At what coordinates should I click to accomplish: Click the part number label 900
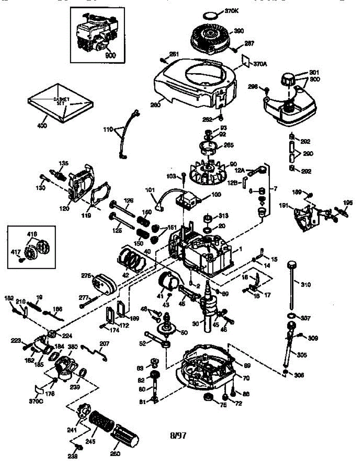[110, 55]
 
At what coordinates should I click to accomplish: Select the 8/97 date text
[178, 436]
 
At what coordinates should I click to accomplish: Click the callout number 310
[306, 285]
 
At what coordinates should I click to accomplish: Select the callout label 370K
[232, 11]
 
